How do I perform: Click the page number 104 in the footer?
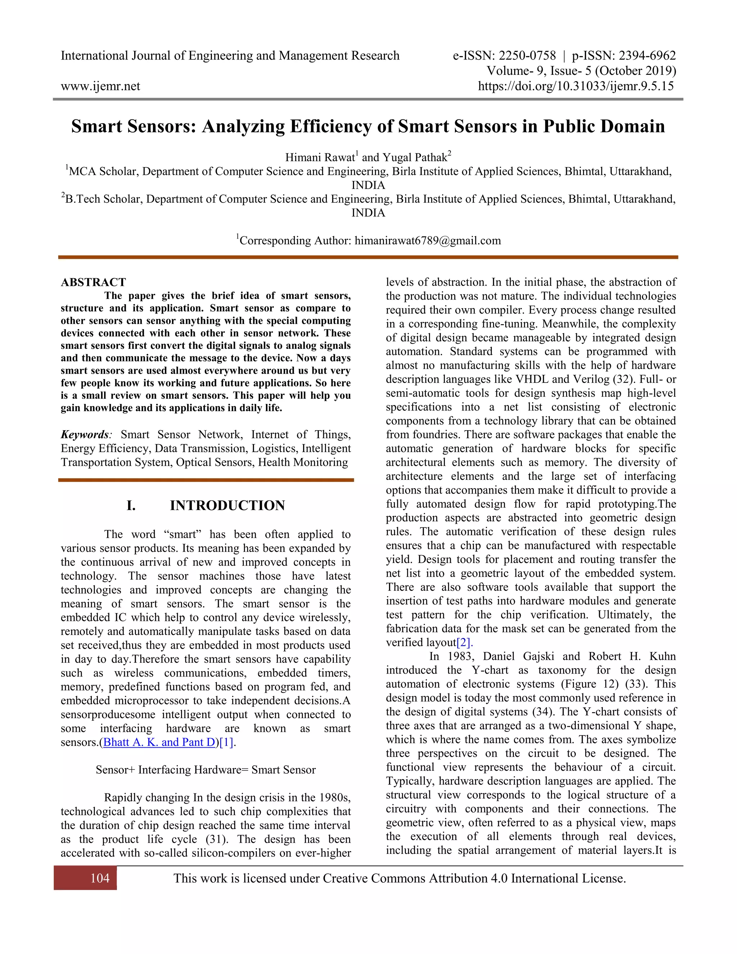pos(100,878)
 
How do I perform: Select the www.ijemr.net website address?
pos(100,86)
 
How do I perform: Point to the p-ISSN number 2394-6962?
pos(647,55)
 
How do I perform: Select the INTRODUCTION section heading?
pos(227,505)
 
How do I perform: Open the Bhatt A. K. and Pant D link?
pos(159,742)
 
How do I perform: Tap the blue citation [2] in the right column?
pos(465,643)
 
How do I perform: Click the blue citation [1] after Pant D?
pos(227,742)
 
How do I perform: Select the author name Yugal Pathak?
pos(415,157)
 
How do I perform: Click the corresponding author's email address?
pos(428,241)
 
